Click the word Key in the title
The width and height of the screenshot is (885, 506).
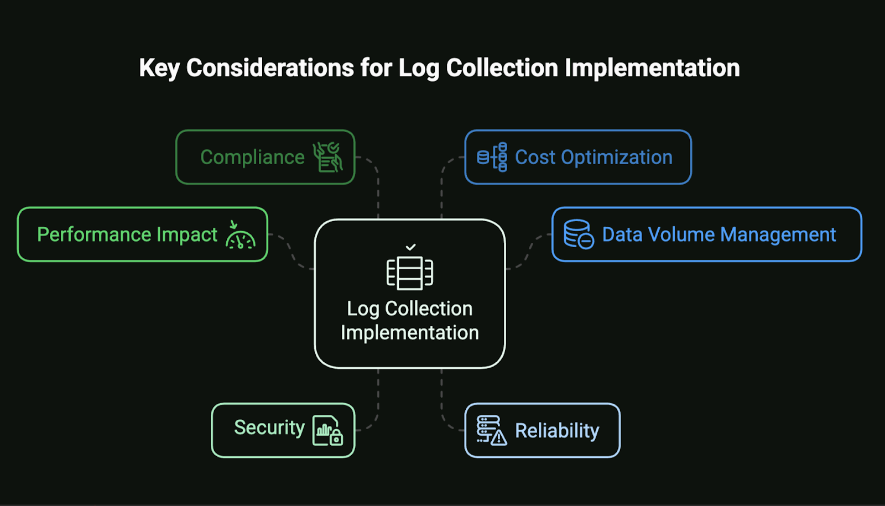pyautogui.click(x=159, y=69)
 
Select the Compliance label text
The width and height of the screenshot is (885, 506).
pyautogui.click(x=252, y=157)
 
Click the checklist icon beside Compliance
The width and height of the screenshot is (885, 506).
pyautogui.click(x=327, y=157)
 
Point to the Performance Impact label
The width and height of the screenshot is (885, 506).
pyautogui.click(x=127, y=234)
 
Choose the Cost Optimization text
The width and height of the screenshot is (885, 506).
pyautogui.click(x=594, y=157)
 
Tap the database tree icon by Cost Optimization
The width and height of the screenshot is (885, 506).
pyautogui.click(x=492, y=157)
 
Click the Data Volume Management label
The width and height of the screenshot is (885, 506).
pyautogui.click(x=719, y=234)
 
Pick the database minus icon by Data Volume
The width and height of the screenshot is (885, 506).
pyautogui.click(x=579, y=234)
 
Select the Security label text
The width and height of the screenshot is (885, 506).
pyautogui.click(x=269, y=428)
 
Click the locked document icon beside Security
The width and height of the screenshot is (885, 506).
pyautogui.click(x=327, y=431)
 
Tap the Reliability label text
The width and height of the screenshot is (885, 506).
pyautogui.click(x=557, y=431)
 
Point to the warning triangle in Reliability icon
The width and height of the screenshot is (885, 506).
pyautogui.click(x=499, y=437)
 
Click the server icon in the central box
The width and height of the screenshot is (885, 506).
pyautogui.click(x=410, y=273)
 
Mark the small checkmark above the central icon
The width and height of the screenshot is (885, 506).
pyautogui.click(x=410, y=247)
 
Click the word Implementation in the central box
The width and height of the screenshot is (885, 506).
pyautogui.click(x=410, y=332)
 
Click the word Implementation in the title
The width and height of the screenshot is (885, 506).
pyautogui.click(x=652, y=69)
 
